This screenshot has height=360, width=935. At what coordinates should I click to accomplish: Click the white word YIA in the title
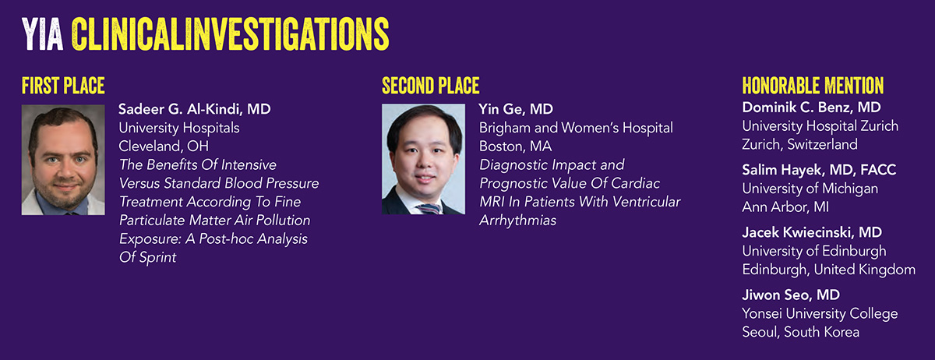point(42,34)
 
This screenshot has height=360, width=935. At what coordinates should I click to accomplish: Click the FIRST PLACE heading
point(63,86)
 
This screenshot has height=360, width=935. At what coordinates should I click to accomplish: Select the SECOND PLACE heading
point(431,86)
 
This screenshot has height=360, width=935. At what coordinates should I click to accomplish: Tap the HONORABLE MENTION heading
point(813,86)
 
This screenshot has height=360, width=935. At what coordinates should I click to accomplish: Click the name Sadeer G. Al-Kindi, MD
point(195,109)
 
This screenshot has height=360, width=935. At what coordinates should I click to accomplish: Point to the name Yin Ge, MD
point(516,109)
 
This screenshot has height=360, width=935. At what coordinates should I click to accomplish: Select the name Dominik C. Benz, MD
point(811,108)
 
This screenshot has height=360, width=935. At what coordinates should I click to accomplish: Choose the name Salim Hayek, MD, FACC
point(819,170)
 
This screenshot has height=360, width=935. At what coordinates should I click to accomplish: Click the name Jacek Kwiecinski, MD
point(812,232)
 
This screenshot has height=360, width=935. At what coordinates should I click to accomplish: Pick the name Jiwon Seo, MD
point(791,295)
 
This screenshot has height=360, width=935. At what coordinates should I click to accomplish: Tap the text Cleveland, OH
point(164,146)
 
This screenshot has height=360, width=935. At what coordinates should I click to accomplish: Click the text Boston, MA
point(516,146)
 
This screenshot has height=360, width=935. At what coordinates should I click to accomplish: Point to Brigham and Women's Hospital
point(576,128)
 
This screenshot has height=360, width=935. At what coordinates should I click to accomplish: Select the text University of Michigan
point(810,189)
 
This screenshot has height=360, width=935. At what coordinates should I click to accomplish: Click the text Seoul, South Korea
point(801,332)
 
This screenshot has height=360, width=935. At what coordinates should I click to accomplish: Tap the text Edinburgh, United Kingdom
point(829,270)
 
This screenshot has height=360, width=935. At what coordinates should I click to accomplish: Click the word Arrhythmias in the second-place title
point(517,221)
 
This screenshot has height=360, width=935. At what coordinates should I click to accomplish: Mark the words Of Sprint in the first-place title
point(148,258)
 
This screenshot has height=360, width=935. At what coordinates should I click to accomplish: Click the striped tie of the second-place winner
point(429,209)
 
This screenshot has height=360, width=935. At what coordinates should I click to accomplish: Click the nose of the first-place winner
point(65,171)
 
